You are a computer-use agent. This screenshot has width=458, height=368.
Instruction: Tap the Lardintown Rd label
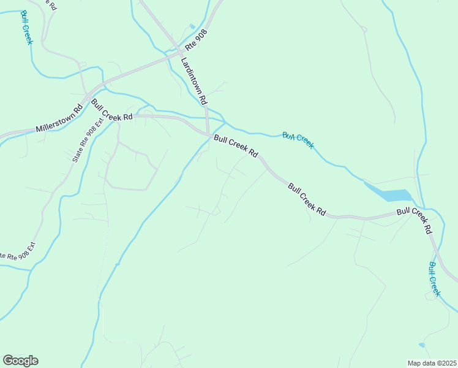(x=195, y=80)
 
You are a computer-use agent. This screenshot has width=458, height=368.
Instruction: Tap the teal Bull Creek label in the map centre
(x=298, y=140)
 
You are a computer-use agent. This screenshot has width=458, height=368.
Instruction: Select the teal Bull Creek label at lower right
(x=434, y=279)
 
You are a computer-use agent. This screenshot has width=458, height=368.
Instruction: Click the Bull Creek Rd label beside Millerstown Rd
(x=112, y=109)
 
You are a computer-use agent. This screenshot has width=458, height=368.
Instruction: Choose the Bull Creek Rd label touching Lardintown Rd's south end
(x=236, y=147)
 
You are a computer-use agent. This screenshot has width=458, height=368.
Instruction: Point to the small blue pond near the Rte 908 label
(x=192, y=26)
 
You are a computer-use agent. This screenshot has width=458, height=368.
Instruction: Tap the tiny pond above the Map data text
(x=421, y=345)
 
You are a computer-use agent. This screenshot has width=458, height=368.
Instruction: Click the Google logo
(x=20, y=361)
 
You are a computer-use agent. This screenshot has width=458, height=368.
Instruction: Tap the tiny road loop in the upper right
(x=364, y=28)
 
